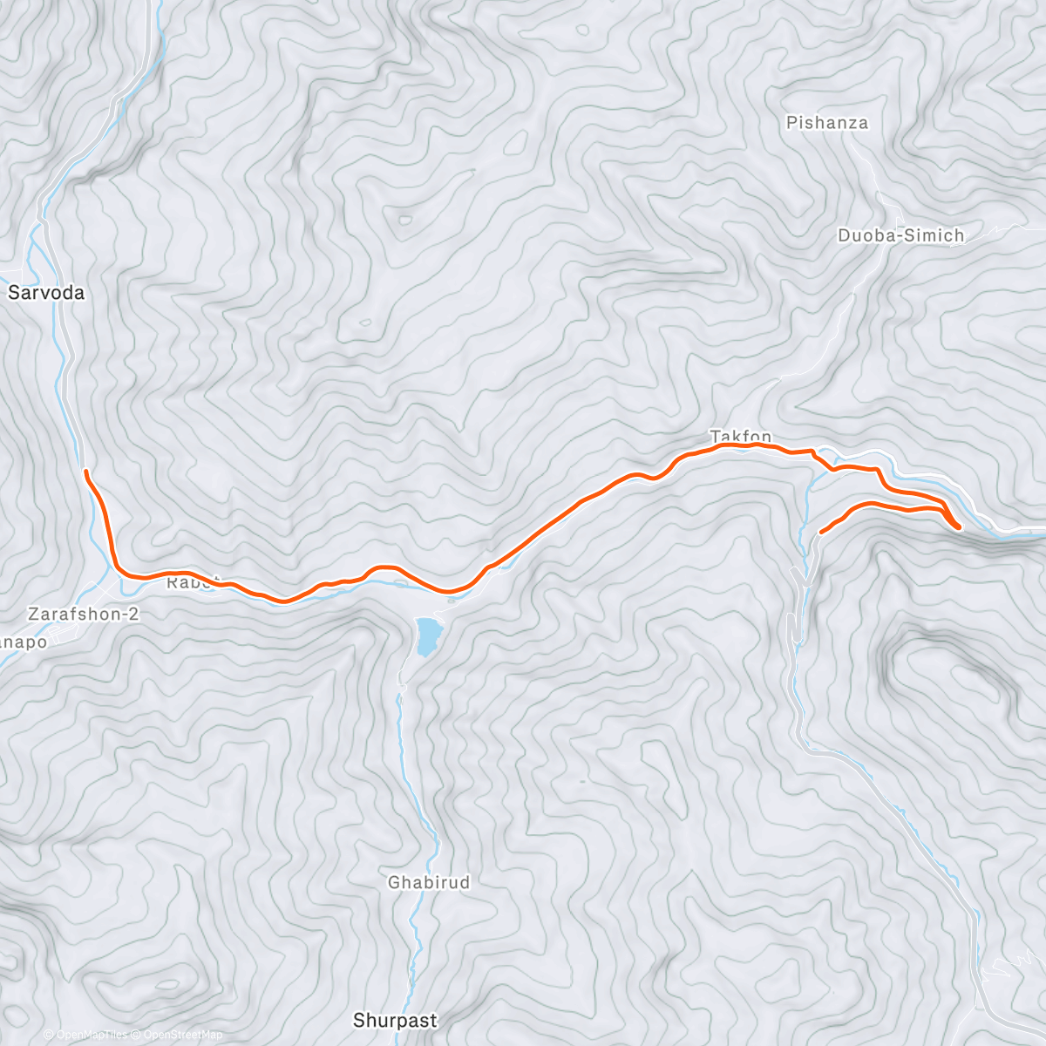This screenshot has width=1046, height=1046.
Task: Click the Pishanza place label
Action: click(x=826, y=123)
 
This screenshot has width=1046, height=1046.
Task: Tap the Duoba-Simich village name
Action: click(x=900, y=235)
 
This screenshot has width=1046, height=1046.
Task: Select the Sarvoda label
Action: click(x=46, y=293)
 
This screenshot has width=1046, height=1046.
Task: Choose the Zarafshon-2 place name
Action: click(x=83, y=614)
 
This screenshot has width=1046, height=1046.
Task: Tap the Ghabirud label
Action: click(x=428, y=883)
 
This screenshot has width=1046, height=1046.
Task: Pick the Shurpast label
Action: click(x=394, y=1019)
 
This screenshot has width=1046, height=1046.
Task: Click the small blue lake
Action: click(x=427, y=635)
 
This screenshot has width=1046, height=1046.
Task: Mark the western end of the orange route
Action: click(x=85, y=472)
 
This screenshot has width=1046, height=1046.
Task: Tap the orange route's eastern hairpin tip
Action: click(x=958, y=526)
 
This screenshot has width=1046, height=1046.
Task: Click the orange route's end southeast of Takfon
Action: click(x=822, y=531)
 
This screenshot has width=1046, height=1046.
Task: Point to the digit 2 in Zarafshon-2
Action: click(x=133, y=614)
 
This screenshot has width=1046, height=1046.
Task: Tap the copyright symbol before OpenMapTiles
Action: click(x=49, y=1035)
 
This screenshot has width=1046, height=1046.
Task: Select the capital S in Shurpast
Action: click(x=358, y=1019)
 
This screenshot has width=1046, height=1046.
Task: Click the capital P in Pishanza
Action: click(x=791, y=123)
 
